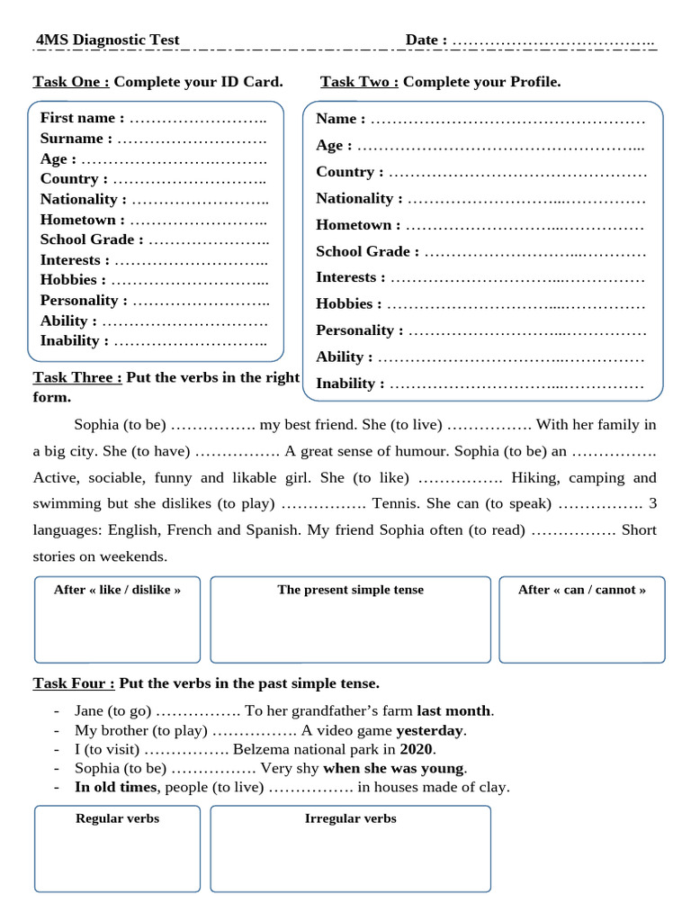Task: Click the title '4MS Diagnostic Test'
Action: point(107,40)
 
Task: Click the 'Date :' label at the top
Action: point(426,40)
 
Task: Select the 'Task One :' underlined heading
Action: point(71,82)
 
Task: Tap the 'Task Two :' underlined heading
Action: point(360,82)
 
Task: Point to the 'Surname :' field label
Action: point(76,139)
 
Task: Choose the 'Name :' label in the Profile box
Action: point(340,119)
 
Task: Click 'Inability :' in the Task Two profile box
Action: point(350,384)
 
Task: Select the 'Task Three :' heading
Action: point(77,377)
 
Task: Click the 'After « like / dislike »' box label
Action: point(117,590)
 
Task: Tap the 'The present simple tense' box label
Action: point(350,590)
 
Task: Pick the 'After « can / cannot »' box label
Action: point(581,590)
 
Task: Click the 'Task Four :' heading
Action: point(74,683)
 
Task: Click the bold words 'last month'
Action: point(453,711)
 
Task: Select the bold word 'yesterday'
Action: point(429,730)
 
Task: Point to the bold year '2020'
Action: point(417,749)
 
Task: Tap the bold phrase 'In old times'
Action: point(115,787)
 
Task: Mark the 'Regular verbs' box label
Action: point(117,818)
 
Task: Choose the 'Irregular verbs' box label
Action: point(350,818)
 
